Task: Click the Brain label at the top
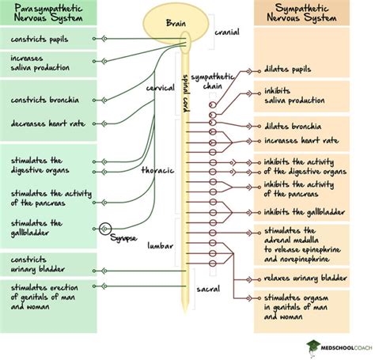click(176, 24)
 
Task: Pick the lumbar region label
click(160, 246)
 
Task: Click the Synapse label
click(123, 238)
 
